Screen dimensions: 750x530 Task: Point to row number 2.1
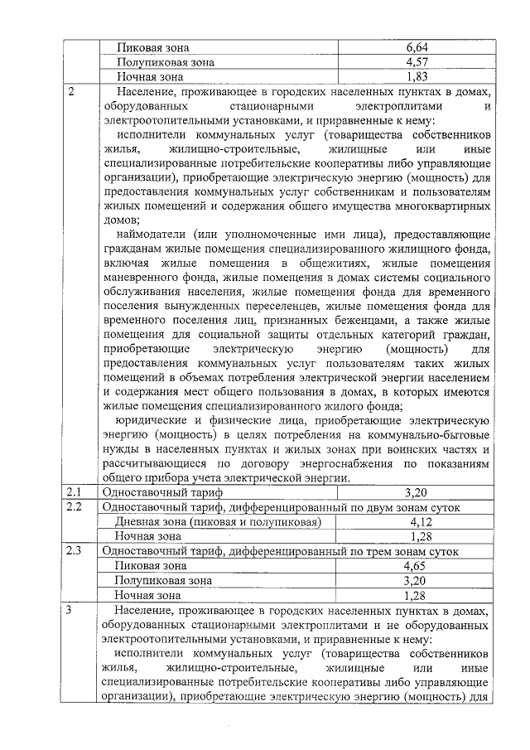click(75, 492)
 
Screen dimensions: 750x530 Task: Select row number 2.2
click(75, 507)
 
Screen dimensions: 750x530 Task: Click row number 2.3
click(75, 551)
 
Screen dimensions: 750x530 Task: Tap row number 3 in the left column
click(72, 611)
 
